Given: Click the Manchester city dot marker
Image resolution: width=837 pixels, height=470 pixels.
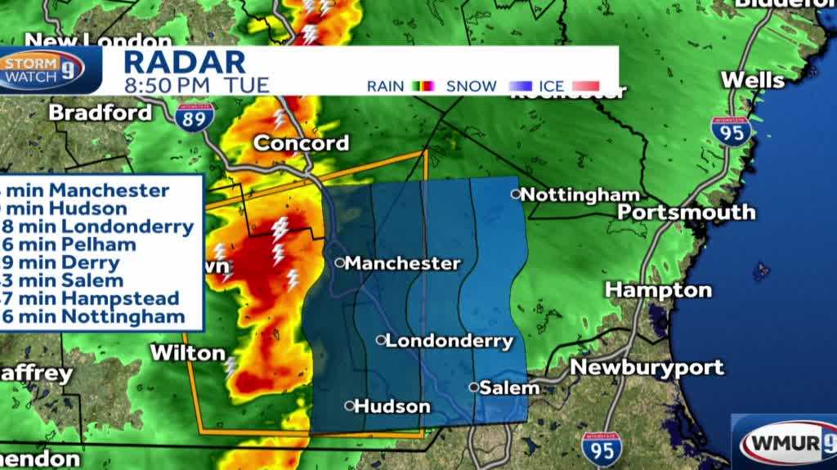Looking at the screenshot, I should pyautogui.click(x=339, y=262).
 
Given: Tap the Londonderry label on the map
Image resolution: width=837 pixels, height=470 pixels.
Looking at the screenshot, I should pyautogui.click(x=449, y=341).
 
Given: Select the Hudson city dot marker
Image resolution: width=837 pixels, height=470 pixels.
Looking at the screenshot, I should pyautogui.click(x=350, y=405).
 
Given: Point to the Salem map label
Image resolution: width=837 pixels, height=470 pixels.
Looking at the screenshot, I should pyautogui.click(x=509, y=388).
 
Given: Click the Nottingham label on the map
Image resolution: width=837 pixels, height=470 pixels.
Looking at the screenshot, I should pyautogui.click(x=580, y=195).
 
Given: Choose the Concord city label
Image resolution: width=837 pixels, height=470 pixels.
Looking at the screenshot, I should pyautogui.click(x=301, y=143).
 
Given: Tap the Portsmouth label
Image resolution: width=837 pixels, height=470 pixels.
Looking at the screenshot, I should pyautogui.click(x=687, y=212).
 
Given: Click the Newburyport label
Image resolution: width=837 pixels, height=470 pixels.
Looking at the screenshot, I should pyautogui.click(x=647, y=367).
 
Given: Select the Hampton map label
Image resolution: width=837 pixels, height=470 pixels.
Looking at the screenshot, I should pyautogui.click(x=658, y=289).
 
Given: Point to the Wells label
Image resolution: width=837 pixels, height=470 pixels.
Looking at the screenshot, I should pyautogui.click(x=752, y=80).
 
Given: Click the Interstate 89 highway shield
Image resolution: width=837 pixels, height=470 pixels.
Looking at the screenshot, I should pyautogui.click(x=194, y=116).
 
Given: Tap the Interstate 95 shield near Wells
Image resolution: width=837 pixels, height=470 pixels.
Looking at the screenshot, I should pyautogui.click(x=730, y=131).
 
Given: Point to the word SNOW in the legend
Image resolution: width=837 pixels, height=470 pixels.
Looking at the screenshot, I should pyautogui.click(x=472, y=86).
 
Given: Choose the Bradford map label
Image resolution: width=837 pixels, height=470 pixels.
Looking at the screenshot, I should pyautogui.click(x=101, y=112).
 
